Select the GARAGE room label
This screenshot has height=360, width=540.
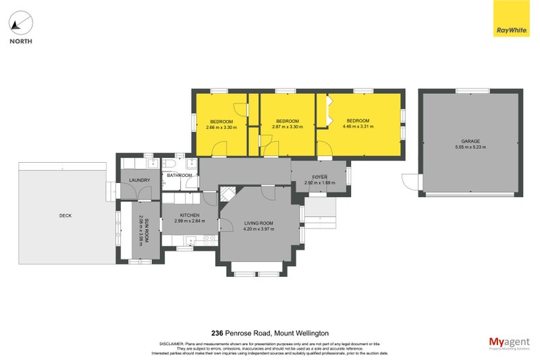[x=470, y=141]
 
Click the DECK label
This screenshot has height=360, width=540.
[x=65, y=215]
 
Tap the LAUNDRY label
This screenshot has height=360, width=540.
[x=140, y=180]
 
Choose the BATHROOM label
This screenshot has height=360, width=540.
[x=180, y=176]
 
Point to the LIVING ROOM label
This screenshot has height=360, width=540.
[x=259, y=223]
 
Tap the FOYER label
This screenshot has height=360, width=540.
[x=320, y=177]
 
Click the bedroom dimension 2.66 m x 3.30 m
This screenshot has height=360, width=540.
[x=221, y=126]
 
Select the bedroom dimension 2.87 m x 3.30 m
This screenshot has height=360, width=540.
[x=287, y=126]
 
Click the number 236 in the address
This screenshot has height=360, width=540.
[x=217, y=333]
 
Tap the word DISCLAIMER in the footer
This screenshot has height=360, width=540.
[x=172, y=344]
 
